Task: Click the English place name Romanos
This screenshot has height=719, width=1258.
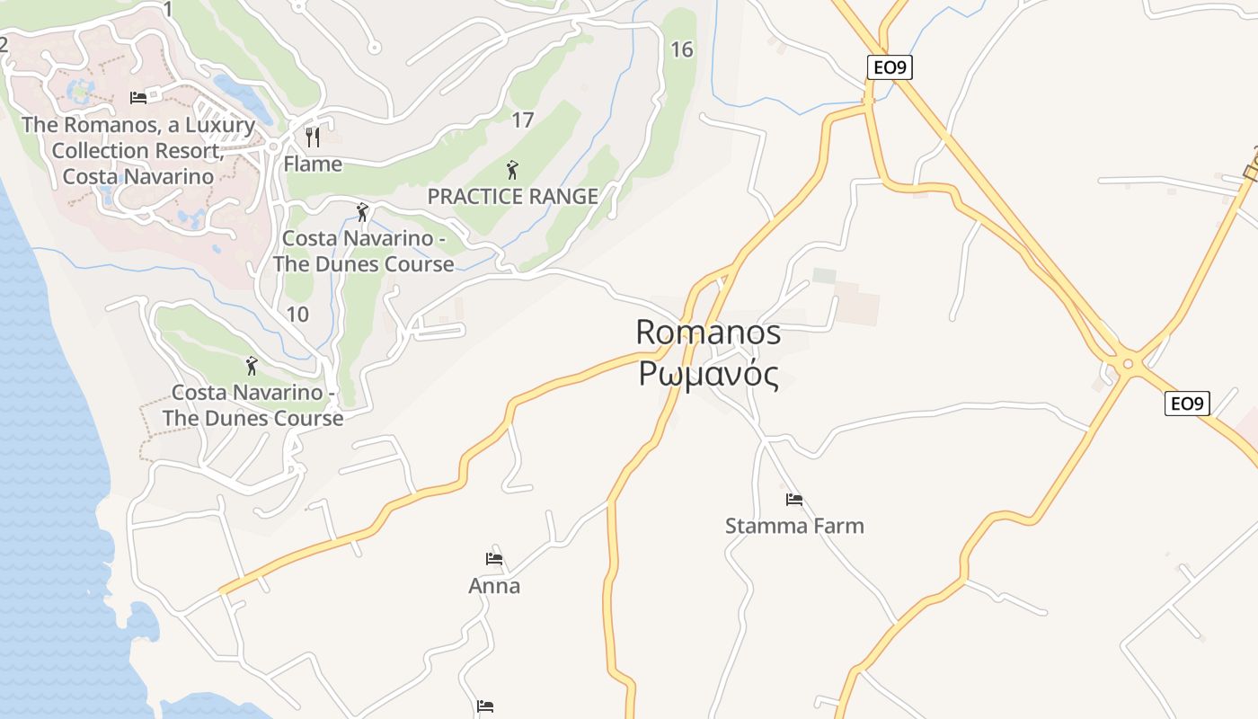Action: click(708, 333)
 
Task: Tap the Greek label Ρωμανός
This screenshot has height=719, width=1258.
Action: click(708, 373)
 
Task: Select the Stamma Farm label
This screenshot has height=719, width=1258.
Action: click(794, 526)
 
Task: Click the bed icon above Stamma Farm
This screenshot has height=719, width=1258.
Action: click(793, 500)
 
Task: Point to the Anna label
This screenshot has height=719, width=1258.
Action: click(494, 586)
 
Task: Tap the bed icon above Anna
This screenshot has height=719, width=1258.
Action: click(494, 559)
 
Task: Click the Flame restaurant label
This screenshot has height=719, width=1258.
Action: click(313, 164)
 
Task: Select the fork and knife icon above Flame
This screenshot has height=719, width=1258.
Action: click(313, 137)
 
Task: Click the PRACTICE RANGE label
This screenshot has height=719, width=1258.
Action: click(512, 197)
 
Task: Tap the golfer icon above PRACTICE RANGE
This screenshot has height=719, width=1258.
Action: click(512, 169)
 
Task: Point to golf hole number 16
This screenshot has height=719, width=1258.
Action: click(682, 49)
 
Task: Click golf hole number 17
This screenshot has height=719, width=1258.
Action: click(522, 120)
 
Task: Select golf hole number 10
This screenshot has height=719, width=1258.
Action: click(297, 314)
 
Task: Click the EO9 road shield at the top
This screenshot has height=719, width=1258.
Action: click(890, 67)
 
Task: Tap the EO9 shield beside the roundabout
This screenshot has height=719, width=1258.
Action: click(1187, 404)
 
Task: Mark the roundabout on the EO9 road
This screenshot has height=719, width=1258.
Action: click(1128, 363)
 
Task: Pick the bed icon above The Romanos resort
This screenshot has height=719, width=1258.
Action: click(138, 97)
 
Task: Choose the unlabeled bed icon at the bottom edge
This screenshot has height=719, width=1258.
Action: click(485, 706)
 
